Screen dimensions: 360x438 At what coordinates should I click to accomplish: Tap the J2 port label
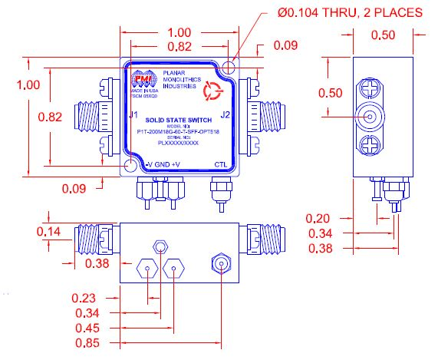(225, 115)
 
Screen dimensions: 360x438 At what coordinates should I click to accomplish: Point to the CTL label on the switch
(220, 164)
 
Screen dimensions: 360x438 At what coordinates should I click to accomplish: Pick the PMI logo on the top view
(143, 81)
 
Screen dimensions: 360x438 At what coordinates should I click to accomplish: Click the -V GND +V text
(163, 164)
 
